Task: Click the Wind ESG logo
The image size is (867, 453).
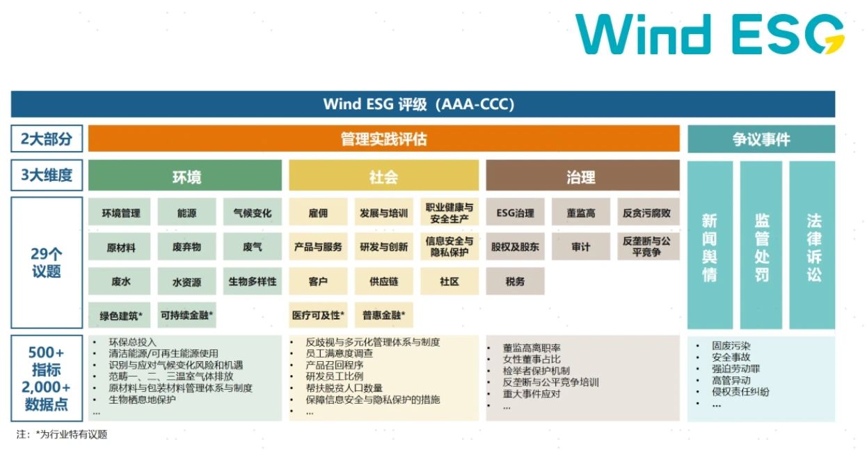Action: [x=710, y=34]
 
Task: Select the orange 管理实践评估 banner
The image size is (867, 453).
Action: [x=383, y=138]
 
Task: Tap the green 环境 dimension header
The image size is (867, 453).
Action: [x=185, y=175]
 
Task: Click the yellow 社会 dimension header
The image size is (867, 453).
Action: [x=383, y=175]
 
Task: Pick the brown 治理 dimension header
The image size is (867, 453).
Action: [x=582, y=175]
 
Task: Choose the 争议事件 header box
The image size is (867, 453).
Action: [x=761, y=138]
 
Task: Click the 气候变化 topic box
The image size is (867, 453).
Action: [x=253, y=212]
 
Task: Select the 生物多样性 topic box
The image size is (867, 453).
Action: [x=253, y=281]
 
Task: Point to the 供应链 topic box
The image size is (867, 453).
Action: [x=383, y=281]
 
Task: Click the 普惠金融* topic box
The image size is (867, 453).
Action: [x=383, y=315]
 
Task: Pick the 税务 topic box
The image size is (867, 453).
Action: [x=515, y=281]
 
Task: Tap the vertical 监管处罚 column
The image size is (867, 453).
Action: [x=761, y=245]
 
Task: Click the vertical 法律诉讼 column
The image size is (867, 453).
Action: [x=812, y=245]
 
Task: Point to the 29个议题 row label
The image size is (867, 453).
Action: [x=47, y=262]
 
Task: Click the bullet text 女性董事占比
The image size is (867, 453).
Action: [x=532, y=359]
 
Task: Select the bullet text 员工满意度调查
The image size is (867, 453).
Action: [x=339, y=353]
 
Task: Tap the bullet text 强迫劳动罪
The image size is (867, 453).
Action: [x=735, y=369]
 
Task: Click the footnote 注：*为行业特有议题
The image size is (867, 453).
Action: [x=61, y=434]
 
